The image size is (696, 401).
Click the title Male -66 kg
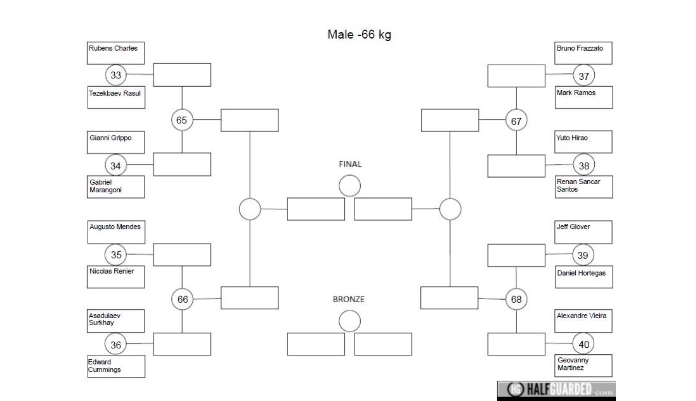pyautogui.click(x=359, y=35)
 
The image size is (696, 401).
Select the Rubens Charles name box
pyautogui.click(x=116, y=53)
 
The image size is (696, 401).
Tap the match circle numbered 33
pyautogui.click(x=116, y=75)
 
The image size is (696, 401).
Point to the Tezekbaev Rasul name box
pyautogui.click(x=116, y=97)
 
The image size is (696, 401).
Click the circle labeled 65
pyautogui.click(x=182, y=120)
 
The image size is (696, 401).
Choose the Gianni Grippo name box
pyautogui.click(x=116, y=143)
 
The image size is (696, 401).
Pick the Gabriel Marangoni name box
pyautogui.click(x=116, y=187)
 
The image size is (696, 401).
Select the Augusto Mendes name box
pyautogui.click(x=116, y=232)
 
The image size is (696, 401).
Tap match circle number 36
pyautogui.click(x=116, y=344)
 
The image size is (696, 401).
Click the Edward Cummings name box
pyautogui.click(x=116, y=366)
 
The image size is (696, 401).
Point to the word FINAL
pyautogui.click(x=350, y=164)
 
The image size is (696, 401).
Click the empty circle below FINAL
pyautogui.click(x=350, y=186)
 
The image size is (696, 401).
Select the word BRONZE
pyautogui.click(x=349, y=299)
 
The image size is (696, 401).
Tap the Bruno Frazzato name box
pyautogui.click(x=583, y=53)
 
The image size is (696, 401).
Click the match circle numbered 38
pyautogui.click(x=584, y=165)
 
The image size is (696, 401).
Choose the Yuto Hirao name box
pyautogui.click(x=583, y=142)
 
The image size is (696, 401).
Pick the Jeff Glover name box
pyautogui.click(x=583, y=232)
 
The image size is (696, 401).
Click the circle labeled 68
pyautogui.click(x=516, y=299)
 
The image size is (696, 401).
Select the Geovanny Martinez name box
pyautogui.click(x=583, y=365)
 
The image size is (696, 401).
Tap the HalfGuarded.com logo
pyautogui.click(x=556, y=390)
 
